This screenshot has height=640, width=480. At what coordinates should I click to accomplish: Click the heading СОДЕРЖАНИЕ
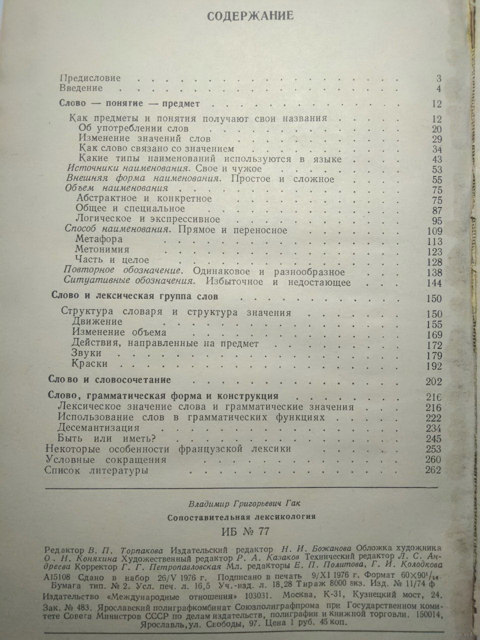click(x=250, y=16)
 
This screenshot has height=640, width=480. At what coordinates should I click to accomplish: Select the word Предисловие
click(x=90, y=78)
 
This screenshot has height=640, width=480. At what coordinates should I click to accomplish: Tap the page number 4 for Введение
click(x=438, y=89)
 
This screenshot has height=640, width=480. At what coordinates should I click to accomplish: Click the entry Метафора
click(x=98, y=239)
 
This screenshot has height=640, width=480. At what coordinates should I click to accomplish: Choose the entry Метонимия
click(x=102, y=249)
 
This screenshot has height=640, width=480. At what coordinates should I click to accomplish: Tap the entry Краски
click(x=89, y=364)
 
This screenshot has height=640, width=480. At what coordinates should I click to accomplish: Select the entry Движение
click(x=97, y=322)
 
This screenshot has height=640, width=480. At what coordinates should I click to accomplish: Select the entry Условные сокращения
click(x=105, y=459)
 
